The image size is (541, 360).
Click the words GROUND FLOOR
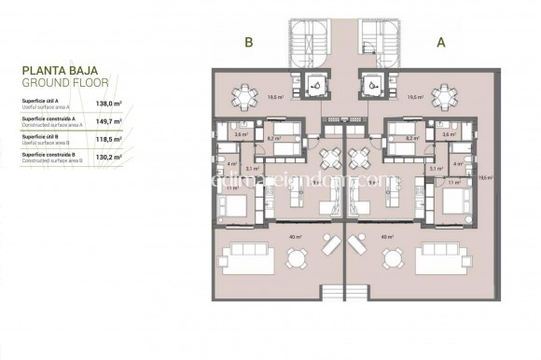tap(61, 82)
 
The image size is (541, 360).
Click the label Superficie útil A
tap(38, 103)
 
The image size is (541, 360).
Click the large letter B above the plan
tap(249, 42)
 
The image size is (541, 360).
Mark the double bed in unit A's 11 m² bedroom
tap(454, 205)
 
